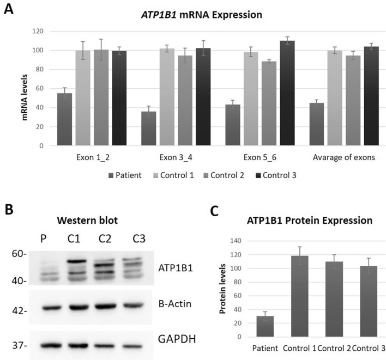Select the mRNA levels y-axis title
click(x=25, y=89)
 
